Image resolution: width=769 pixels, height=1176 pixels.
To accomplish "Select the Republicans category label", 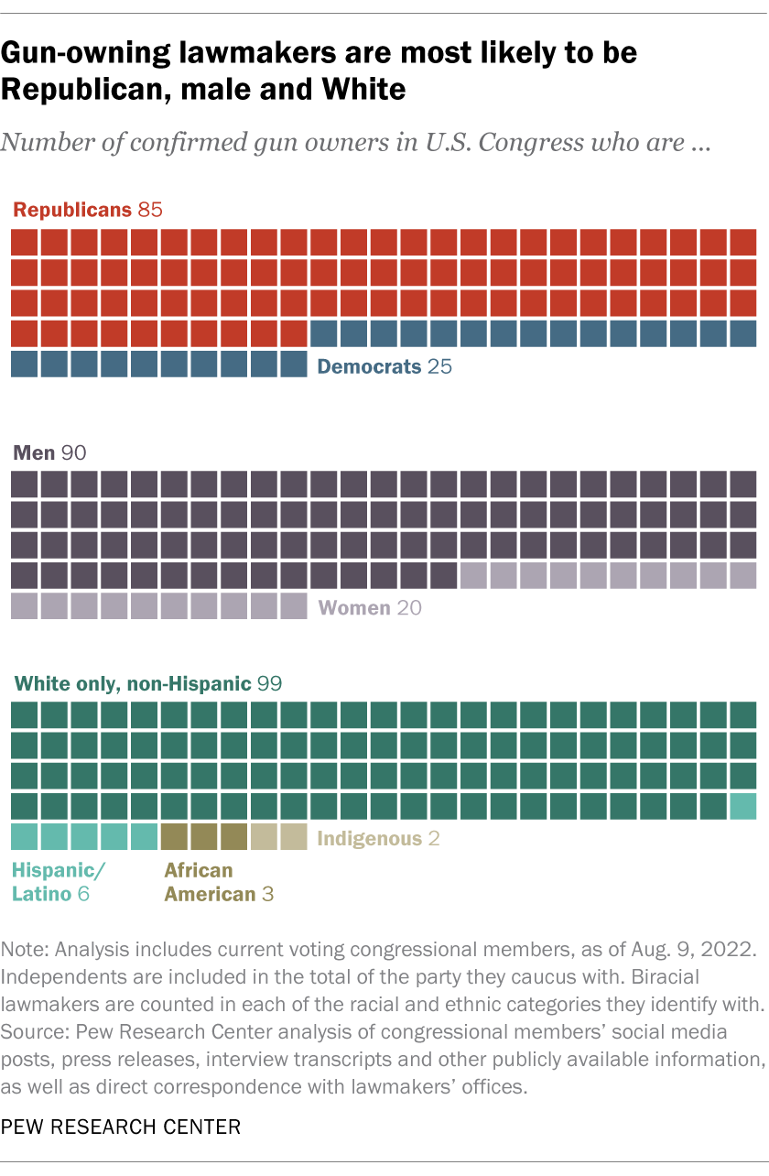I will coord(72,210).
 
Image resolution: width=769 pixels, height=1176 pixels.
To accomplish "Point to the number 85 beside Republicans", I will coord(149,210).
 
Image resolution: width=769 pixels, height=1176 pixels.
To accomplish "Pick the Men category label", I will coord(33,452).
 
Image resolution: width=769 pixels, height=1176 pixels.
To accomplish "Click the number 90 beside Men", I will coord(73,452).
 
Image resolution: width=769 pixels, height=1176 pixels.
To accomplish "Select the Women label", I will coord(353,608).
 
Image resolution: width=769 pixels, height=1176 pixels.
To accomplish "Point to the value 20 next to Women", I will coord(409,608).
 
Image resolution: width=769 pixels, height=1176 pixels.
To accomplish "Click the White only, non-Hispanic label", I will coord(132,683).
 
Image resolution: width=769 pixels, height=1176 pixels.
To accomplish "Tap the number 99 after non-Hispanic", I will coord(269,683).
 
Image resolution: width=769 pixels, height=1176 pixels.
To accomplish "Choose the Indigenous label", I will coord(369,838).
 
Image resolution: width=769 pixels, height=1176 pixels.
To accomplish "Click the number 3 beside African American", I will coord(267,894).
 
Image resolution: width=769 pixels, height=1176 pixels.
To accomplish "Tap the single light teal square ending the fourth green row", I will coord(743,806).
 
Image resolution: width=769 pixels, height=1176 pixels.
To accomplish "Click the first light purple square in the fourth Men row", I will coord(473,575).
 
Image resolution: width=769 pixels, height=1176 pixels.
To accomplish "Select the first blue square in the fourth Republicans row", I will coord(324,333).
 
